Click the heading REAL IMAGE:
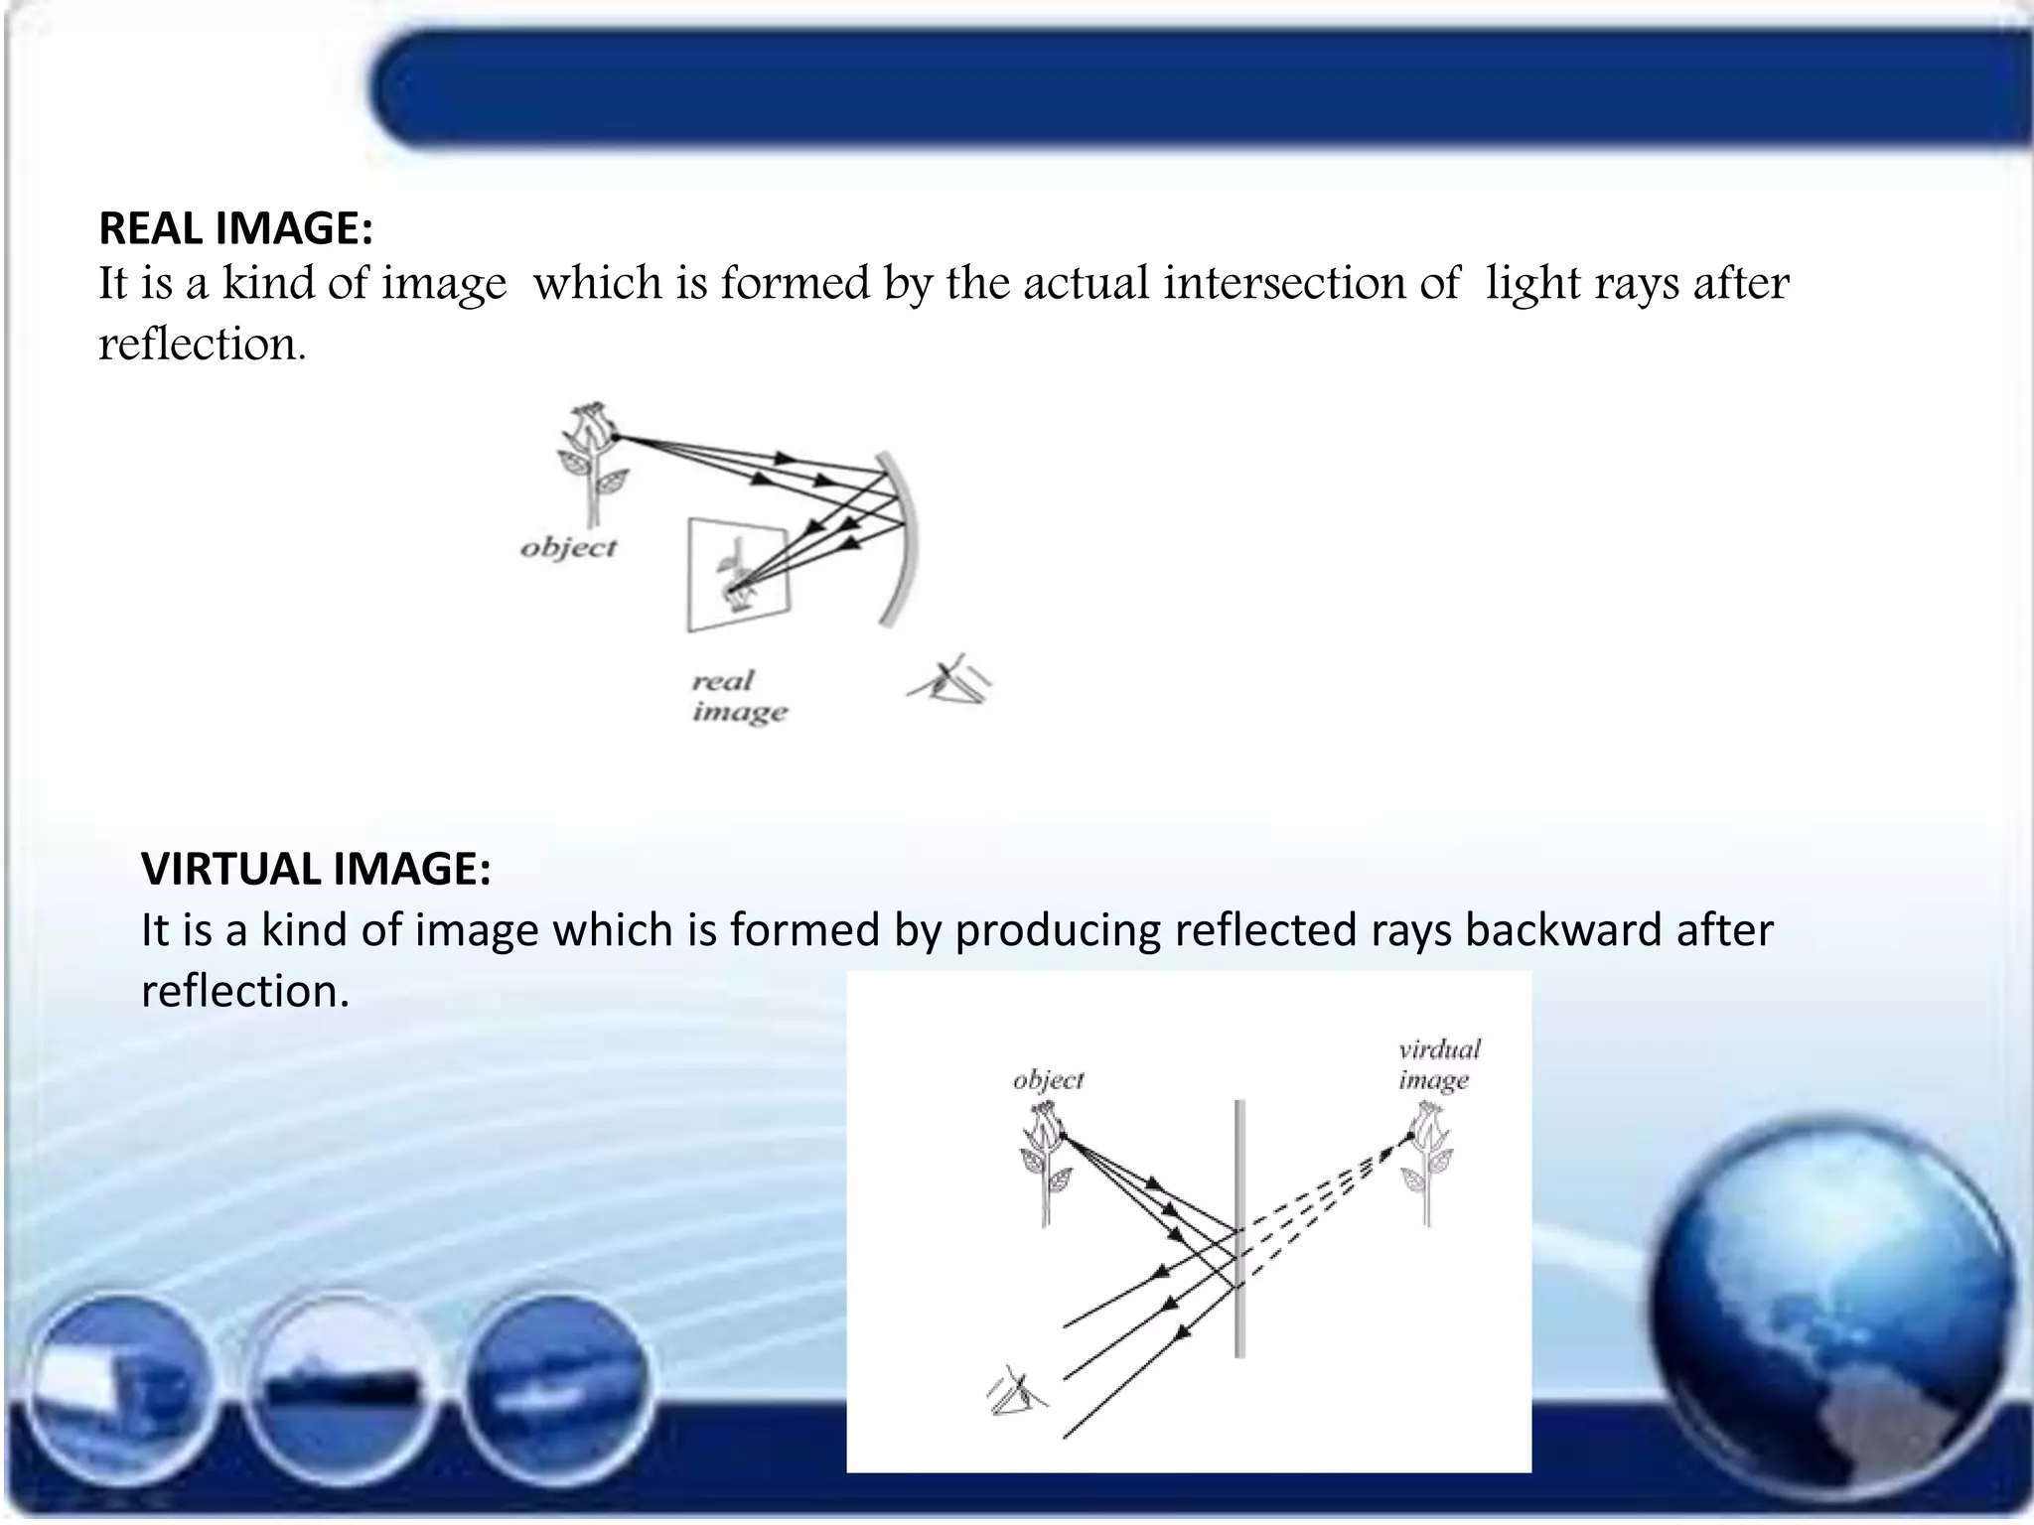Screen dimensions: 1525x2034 (x=235, y=229)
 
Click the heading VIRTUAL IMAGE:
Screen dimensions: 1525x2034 (x=316, y=869)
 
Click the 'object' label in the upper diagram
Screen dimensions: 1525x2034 (x=568, y=547)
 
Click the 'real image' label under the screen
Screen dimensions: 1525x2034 (x=738, y=696)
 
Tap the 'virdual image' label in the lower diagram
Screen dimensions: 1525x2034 (x=1438, y=1063)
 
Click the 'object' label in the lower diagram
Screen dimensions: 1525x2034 (x=1048, y=1079)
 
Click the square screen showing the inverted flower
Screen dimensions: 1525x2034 (x=737, y=576)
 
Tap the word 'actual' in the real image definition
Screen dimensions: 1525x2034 (x=1088, y=283)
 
